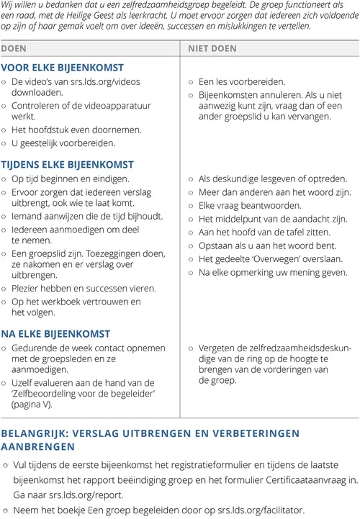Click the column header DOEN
tap(15, 49)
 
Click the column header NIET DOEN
tap(212, 49)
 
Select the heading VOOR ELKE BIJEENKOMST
tap(62, 67)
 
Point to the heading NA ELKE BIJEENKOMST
tap(56, 334)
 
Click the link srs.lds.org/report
tap(87, 495)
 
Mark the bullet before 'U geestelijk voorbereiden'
tap(5, 143)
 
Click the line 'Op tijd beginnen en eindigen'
tap(71, 179)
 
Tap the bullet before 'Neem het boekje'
tap(5, 509)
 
